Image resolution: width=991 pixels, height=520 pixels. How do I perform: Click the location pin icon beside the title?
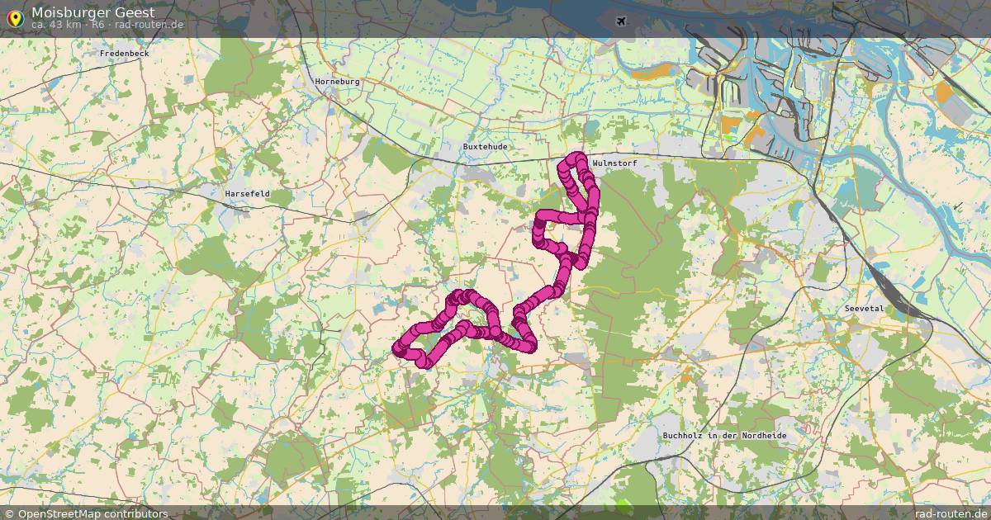coord(14,17)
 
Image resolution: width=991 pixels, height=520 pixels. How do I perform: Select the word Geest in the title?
coord(135,12)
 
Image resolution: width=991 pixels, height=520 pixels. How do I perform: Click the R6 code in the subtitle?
coord(98,25)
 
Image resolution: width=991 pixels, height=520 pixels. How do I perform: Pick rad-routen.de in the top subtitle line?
coord(149,25)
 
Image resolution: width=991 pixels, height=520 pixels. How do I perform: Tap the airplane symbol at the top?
coord(621,21)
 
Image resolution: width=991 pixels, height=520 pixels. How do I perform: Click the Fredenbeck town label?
coord(124,54)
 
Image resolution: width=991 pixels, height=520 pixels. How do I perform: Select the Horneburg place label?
coord(337,82)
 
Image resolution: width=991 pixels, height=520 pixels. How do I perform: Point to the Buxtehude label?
coord(485,146)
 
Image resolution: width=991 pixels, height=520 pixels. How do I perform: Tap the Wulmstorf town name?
coord(615,163)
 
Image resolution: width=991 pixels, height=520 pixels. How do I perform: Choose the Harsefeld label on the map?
coord(247,194)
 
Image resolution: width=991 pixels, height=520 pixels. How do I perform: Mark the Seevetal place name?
coord(864,308)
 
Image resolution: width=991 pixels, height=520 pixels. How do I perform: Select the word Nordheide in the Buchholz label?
coord(763,435)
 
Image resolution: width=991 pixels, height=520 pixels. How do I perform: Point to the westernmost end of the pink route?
coord(397,350)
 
